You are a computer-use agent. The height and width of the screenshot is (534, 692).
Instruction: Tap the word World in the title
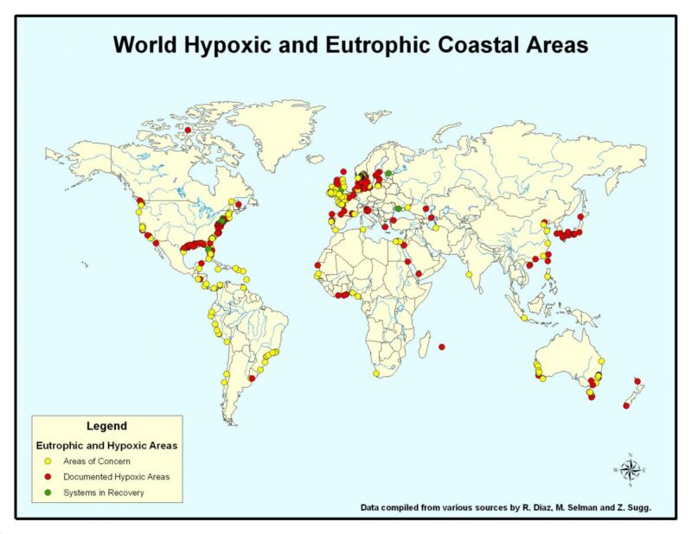[x=142, y=44]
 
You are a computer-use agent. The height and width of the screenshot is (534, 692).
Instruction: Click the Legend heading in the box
[x=106, y=426]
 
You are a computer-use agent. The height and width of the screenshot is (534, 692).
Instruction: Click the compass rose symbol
[x=630, y=469]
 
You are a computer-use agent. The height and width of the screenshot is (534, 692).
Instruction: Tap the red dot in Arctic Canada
[x=188, y=130]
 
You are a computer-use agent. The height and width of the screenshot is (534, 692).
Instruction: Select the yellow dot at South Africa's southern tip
[x=376, y=374]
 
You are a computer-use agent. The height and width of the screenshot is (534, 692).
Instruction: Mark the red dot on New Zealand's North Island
[x=638, y=381]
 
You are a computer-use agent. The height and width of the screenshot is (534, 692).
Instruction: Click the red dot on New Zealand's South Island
[x=625, y=405]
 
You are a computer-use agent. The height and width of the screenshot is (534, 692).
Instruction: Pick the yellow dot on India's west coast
[x=468, y=274]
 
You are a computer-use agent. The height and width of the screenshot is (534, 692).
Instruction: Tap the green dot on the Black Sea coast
[x=399, y=208]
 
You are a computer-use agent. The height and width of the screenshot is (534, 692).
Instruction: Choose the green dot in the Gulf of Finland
[x=388, y=174]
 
